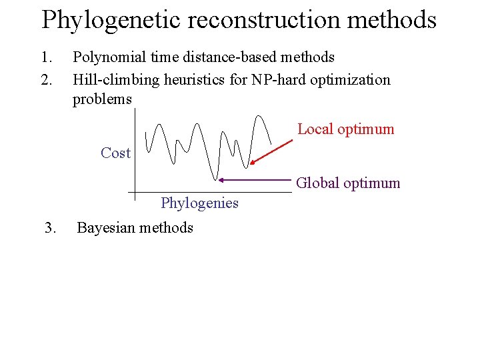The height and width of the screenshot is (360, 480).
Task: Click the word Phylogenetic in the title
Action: [x=111, y=21]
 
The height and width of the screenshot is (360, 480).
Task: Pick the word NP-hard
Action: [x=278, y=80]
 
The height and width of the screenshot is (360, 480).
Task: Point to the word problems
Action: [x=102, y=99]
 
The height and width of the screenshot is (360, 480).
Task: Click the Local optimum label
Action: [x=345, y=129]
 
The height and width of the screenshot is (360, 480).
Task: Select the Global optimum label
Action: [x=348, y=183]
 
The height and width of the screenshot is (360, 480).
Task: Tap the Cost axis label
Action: [x=115, y=153]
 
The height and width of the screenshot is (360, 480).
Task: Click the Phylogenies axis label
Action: [x=199, y=203]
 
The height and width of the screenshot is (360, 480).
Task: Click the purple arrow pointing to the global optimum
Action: [x=257, y=180]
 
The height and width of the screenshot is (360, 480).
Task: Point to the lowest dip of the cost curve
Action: [x=216, y=179]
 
